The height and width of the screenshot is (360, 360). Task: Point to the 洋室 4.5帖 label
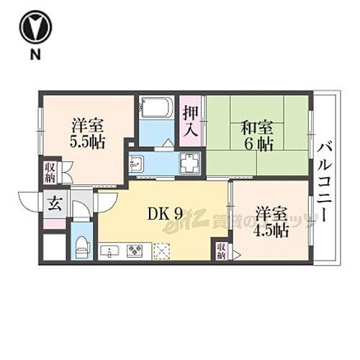pos(271,222)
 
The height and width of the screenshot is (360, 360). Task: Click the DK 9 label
pos(163,213)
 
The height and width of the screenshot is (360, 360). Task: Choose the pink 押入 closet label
pos(190,121)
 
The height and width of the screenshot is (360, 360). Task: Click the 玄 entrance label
pos(55,204)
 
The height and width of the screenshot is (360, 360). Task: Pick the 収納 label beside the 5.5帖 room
pos(50,173)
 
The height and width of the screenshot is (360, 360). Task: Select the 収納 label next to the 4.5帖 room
pos(221,251)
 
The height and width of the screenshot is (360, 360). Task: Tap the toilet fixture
pos(82,244)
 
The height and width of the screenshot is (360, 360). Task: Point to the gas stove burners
pos(135,251)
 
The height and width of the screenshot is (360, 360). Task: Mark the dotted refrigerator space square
pos(163,251)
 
